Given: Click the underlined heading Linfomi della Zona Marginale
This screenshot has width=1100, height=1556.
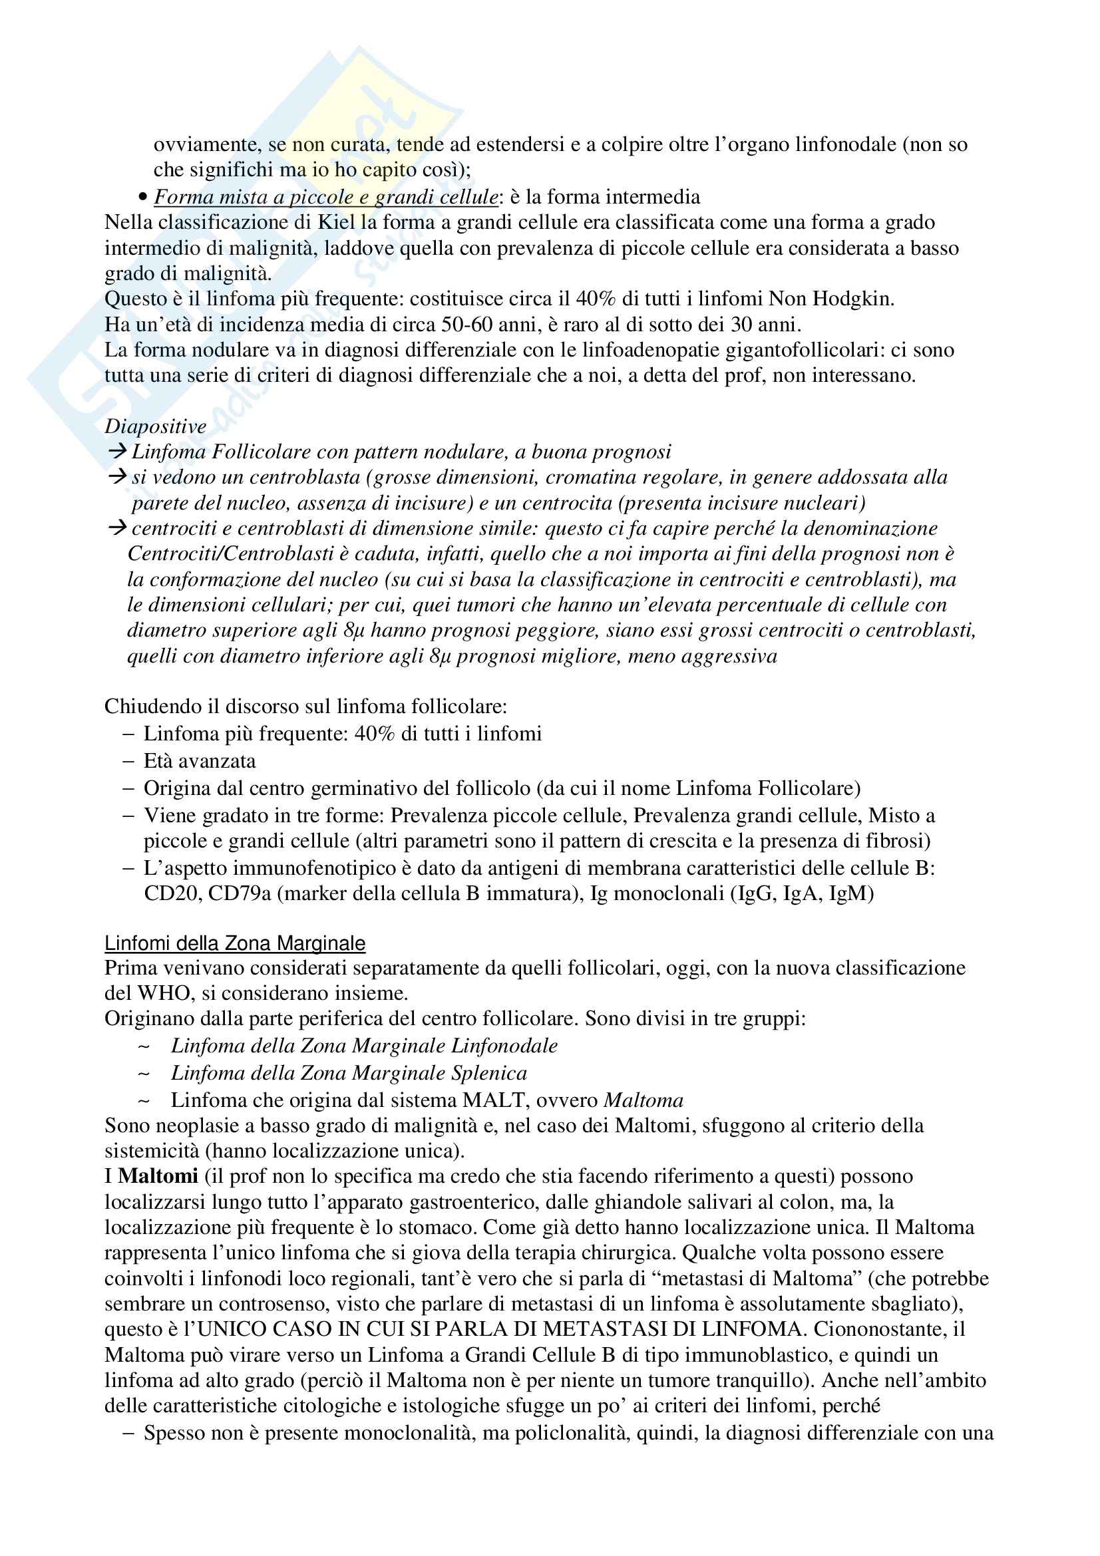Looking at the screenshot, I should coord(234,943).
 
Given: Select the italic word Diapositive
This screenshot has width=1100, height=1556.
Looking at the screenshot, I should coord(155,426).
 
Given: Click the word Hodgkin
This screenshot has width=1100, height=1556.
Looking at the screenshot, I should coord(852,299).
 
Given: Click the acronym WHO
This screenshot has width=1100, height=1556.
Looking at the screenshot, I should coord(159,994).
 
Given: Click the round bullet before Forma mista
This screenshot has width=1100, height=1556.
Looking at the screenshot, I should coord(142,198).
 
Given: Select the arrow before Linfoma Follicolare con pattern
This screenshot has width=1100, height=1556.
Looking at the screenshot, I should coord(117,451).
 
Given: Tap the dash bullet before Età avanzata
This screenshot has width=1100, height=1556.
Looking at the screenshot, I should coord(129,761).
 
